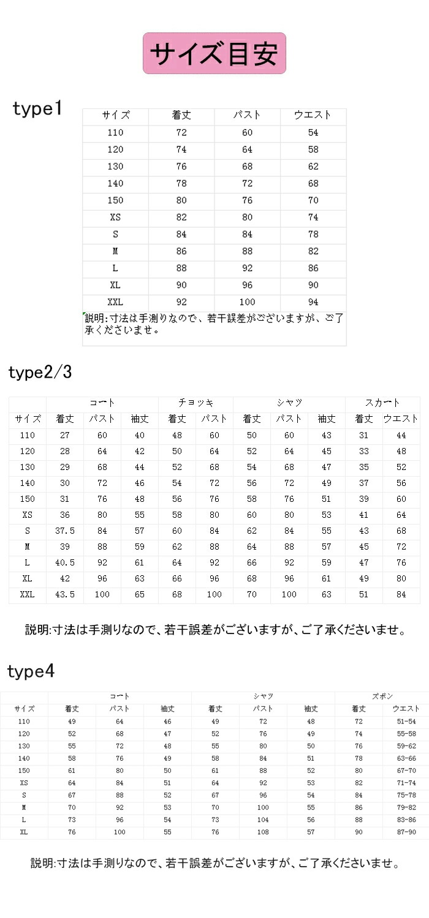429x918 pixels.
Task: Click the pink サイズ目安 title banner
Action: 214,54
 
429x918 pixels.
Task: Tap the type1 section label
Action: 37,110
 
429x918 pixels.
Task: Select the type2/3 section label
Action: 40,372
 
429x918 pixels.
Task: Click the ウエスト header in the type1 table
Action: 313,115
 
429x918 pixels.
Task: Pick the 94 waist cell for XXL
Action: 313,302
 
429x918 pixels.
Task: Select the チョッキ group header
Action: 196,403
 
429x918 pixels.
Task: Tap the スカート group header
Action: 382,403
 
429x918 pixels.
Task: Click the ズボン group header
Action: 382,696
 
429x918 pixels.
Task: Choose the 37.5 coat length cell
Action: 64,530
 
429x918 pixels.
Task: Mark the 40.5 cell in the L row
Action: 64,562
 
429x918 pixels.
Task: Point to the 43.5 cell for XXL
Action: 64,594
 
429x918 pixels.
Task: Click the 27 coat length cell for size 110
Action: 64,435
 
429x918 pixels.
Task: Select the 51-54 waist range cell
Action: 406,722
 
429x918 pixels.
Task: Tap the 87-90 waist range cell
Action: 406,832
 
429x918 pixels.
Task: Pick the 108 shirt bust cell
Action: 264,832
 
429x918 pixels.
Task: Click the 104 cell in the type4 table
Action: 264,819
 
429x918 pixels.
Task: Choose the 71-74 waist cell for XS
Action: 406,783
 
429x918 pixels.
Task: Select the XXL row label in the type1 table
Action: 115,302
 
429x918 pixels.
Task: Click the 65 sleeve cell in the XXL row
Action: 140,594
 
